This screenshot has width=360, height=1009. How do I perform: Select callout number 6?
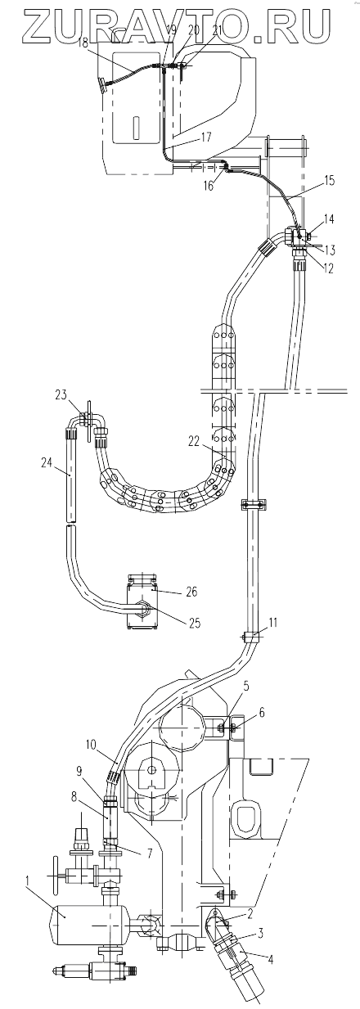[263, 713]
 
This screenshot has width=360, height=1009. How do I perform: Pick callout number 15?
[329, 181]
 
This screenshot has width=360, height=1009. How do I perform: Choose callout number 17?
[206, 137]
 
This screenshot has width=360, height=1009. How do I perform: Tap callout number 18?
[83, 43]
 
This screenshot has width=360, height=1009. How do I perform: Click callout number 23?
[61, 395]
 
